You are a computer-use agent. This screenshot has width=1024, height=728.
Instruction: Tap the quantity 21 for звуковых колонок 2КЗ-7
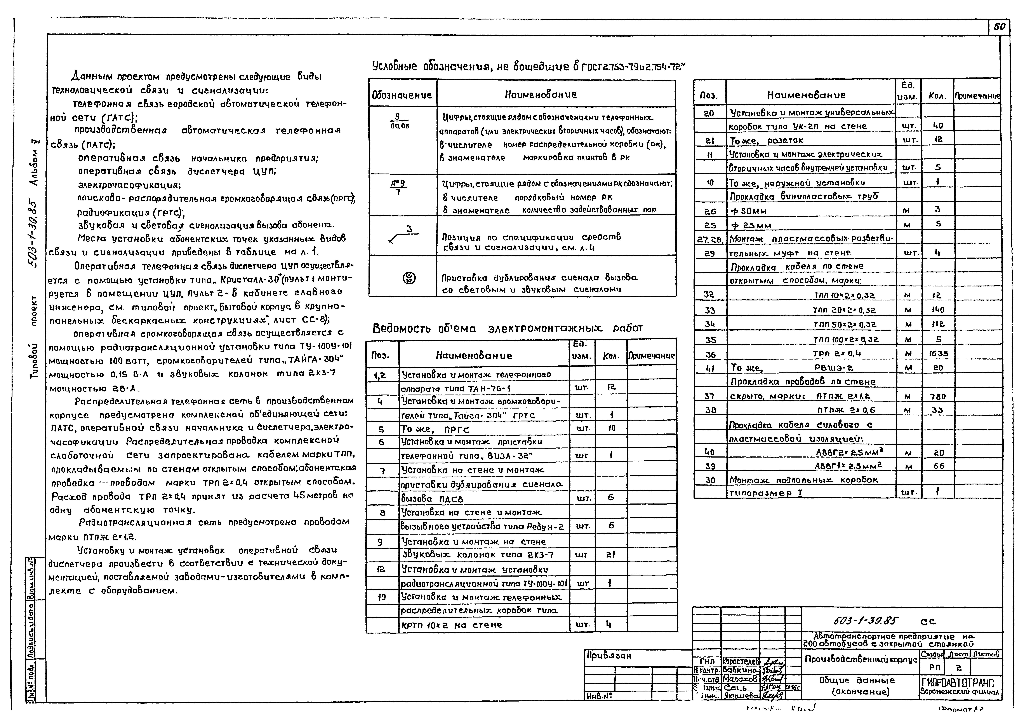tap(610, 554)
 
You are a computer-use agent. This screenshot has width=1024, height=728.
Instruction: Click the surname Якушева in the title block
tap(741, 696)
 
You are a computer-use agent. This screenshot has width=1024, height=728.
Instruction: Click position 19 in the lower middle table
tap(382, 597)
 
